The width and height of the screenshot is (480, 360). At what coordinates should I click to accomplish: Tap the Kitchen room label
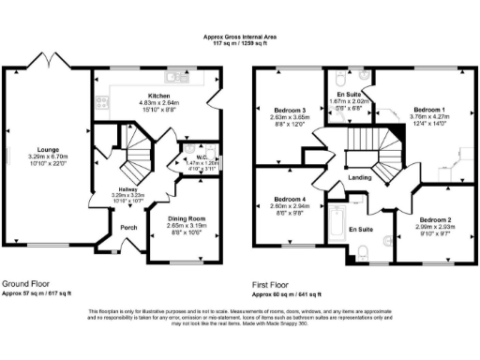click(x=158, y=96)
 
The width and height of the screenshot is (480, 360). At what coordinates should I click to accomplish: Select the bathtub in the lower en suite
click(x=336, y=225)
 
